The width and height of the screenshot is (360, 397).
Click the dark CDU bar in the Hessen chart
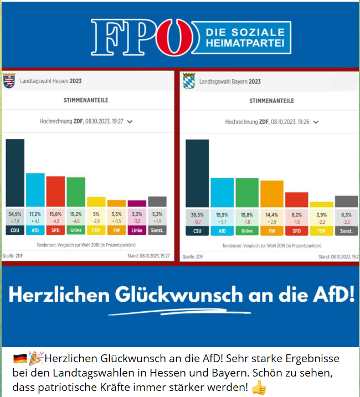[x=15, y=173]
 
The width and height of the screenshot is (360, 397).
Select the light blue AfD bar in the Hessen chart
[x=35, y=190]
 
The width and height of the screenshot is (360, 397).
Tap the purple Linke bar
[x=137, y=203]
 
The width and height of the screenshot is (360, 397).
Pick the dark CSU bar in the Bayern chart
[x=197, y=173]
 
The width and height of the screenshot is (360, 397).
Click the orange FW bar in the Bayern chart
[x=272, y=194]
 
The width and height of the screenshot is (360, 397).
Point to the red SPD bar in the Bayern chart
[x=297, y=200]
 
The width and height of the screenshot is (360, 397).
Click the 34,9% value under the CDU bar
[x=15, y=214]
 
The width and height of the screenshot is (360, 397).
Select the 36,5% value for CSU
[x=197, y=215]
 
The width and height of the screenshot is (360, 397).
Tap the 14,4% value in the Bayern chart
[x=272, y=215]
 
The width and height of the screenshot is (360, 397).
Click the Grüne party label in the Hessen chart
[x=76, y=230]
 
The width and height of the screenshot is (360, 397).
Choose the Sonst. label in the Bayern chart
[x=346, y=231]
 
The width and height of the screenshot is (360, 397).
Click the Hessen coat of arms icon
[x=9, y=80]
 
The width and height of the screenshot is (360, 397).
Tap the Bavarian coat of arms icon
[x=189, y=81]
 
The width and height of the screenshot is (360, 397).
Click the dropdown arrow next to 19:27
[x=130, y=122]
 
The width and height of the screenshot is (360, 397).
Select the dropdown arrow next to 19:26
[x=316, y=122]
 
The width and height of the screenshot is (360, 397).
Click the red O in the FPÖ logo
[x=174, y=37]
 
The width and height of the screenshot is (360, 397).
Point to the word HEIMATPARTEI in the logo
[x=245, y=43]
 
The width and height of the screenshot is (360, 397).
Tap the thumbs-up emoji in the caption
[x=259, y=388]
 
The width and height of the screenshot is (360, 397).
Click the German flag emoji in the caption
[x=20, y=359]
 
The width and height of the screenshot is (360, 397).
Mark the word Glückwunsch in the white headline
[x=179, y=295]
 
